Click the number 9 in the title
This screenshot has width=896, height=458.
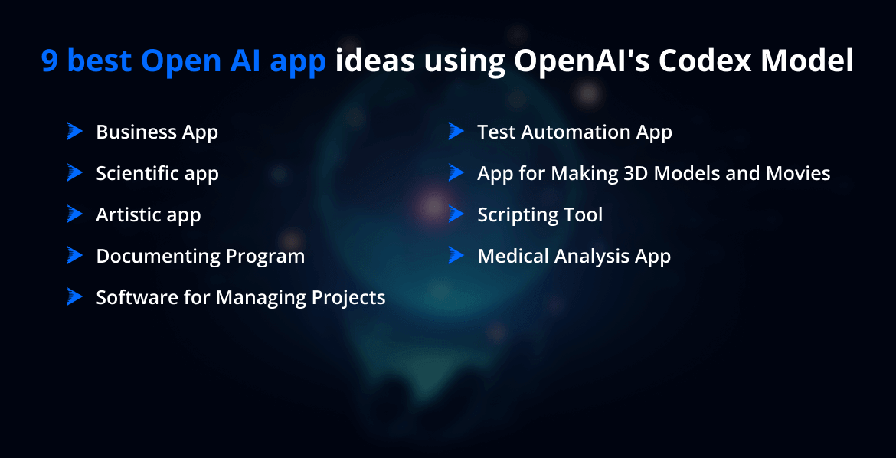point(50,61)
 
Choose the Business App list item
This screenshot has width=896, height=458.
point(157,132)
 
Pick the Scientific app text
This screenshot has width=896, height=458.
point(157,174)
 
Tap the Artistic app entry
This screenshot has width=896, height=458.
point(148,215)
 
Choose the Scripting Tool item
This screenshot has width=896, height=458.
point(540,215)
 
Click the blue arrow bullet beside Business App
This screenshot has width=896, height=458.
point(74,132)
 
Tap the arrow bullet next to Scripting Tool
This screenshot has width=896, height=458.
point(456,214)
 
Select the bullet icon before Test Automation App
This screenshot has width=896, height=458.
point(456,132)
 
